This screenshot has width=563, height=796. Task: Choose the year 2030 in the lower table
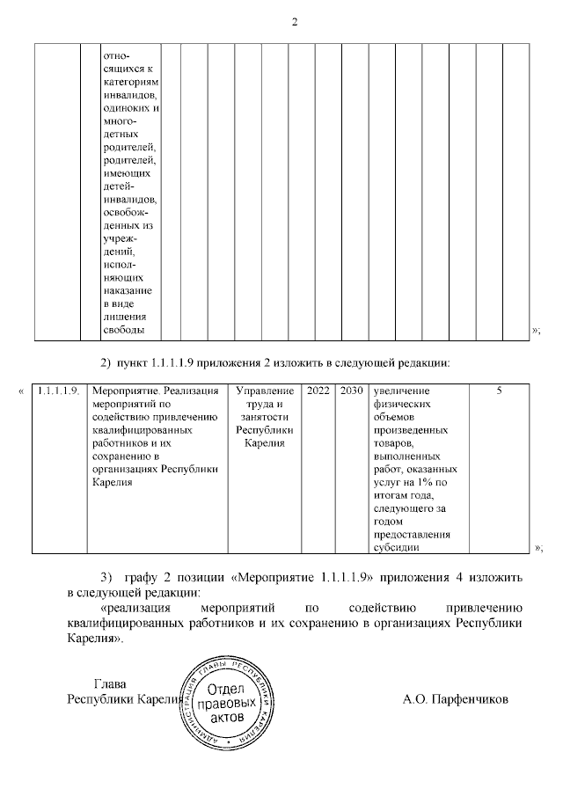click(351, 390)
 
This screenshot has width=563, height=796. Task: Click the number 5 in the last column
click(499, 390)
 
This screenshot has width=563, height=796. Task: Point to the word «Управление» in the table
click(265, 390)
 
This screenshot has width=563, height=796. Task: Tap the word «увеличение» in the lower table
click(401, 390)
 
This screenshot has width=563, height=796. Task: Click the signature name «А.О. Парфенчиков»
click(455, 700)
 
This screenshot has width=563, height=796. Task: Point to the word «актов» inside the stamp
click(228, 719)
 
